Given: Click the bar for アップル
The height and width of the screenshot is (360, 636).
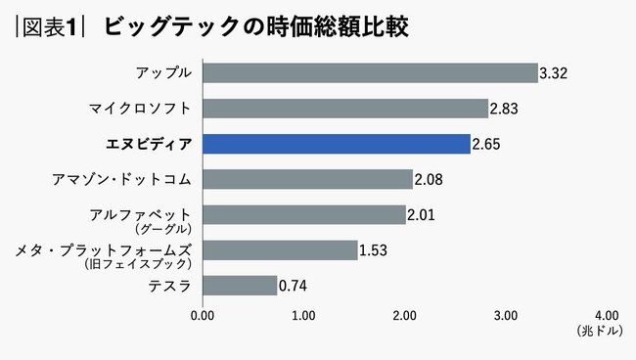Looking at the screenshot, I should [370, 72].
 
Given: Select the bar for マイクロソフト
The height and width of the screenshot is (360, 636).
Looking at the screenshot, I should [345, 108].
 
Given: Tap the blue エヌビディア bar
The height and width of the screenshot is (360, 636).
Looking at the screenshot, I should [336, 144].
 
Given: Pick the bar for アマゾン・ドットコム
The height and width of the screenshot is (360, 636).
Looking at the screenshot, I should [307, 179].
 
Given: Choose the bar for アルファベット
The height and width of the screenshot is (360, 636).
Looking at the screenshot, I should [303, 214].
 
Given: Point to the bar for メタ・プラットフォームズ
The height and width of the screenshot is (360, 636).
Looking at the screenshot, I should [280, 250].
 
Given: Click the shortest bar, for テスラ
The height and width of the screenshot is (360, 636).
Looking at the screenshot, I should [240, 286].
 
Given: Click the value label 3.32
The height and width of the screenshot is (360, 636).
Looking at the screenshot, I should [554, 73].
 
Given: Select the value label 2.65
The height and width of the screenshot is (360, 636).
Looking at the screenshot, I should [486, 145].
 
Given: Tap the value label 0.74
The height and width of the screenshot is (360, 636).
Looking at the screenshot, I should [294, 287].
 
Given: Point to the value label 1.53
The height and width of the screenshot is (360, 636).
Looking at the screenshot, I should [373, 251].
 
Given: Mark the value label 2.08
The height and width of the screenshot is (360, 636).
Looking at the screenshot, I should [429, 180].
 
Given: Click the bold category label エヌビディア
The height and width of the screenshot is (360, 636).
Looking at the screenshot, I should [148, 144].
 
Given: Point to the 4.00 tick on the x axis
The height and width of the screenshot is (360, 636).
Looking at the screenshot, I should [606, 316].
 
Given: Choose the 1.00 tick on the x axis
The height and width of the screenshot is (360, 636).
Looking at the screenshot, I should [303, 316].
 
